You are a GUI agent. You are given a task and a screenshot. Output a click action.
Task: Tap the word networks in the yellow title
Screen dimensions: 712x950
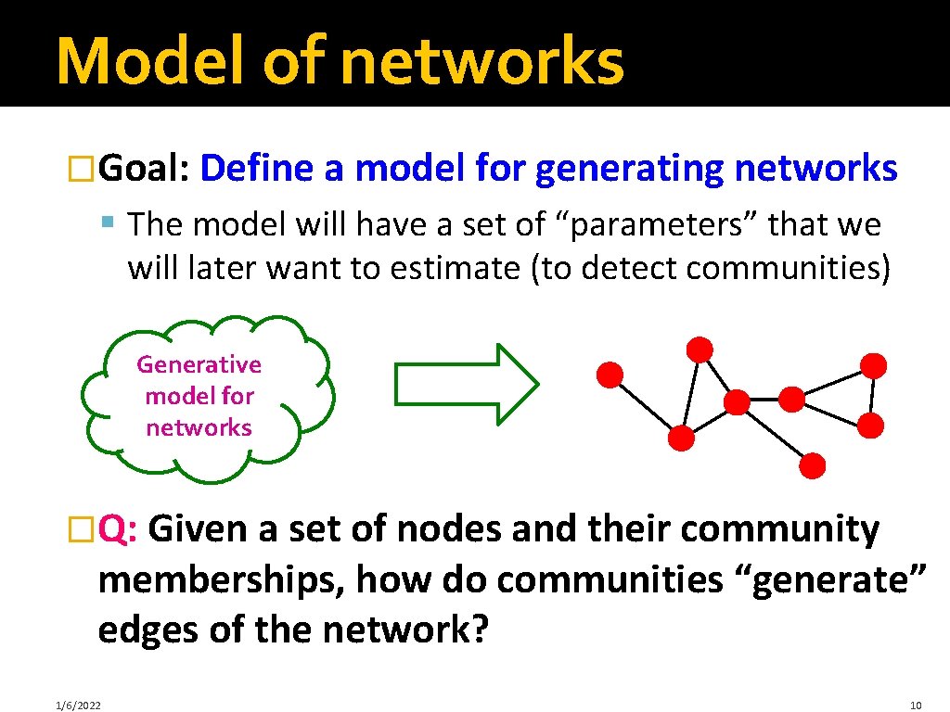[x=482, y=61]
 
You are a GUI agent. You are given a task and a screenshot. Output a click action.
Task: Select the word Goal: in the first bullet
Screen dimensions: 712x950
[x=145, y=170]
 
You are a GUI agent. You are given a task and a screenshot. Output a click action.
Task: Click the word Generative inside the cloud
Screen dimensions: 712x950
[x=199, y=364]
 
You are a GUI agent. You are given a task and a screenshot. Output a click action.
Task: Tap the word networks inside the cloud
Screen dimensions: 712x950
[x=199, y=427]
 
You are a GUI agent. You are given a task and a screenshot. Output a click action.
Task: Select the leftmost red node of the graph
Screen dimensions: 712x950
[x=609, y=375]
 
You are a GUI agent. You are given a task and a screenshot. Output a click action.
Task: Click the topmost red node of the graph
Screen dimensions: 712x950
[x=700, y=350]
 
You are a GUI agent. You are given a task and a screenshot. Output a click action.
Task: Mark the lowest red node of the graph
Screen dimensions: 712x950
[x=813, y=465]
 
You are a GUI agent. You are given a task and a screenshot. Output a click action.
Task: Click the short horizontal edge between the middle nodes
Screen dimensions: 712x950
[x=764, y=400]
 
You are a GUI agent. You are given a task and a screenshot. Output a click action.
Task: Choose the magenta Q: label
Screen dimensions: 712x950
[x=119, y=530]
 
